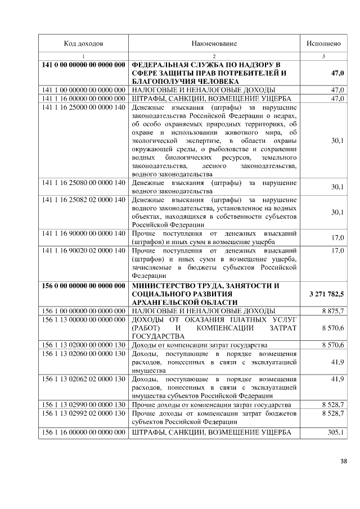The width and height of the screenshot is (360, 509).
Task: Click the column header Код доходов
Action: [83, 43]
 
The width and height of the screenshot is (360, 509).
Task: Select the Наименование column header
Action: [214, 43]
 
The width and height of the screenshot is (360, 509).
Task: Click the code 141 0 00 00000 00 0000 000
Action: [83, 65]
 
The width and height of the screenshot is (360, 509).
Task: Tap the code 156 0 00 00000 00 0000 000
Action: [83, 286]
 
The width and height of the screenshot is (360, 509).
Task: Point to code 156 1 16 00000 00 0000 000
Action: [83, 431]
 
